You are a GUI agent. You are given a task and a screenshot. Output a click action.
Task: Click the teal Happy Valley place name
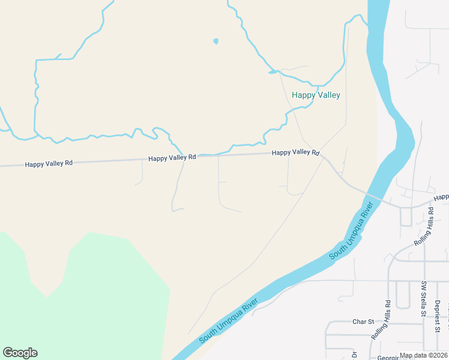click(x=316, y=95)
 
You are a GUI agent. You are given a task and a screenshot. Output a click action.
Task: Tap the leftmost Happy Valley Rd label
click(x=49, y=163)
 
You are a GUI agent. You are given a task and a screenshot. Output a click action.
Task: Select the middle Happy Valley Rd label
click(x=172, y=157)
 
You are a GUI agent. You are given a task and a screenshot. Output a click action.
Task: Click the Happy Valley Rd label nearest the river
click(x=295, y=152)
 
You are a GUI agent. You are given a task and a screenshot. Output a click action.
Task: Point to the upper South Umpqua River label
click(x=352, y=230)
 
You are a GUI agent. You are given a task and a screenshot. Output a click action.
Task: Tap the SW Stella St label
click(x=423, y=298)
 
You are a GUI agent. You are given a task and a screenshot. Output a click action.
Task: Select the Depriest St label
click(x=438, y=316)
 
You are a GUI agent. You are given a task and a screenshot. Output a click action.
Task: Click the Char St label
click(x=363, y=322)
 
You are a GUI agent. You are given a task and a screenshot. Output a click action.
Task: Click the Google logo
click(x=20, y=352)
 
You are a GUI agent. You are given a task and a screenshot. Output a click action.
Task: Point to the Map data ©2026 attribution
click(x=424, y=355)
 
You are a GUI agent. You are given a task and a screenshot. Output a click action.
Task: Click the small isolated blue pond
click(x=215, y=41)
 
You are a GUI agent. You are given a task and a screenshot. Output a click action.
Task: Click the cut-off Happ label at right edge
click(x=441, y=197)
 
